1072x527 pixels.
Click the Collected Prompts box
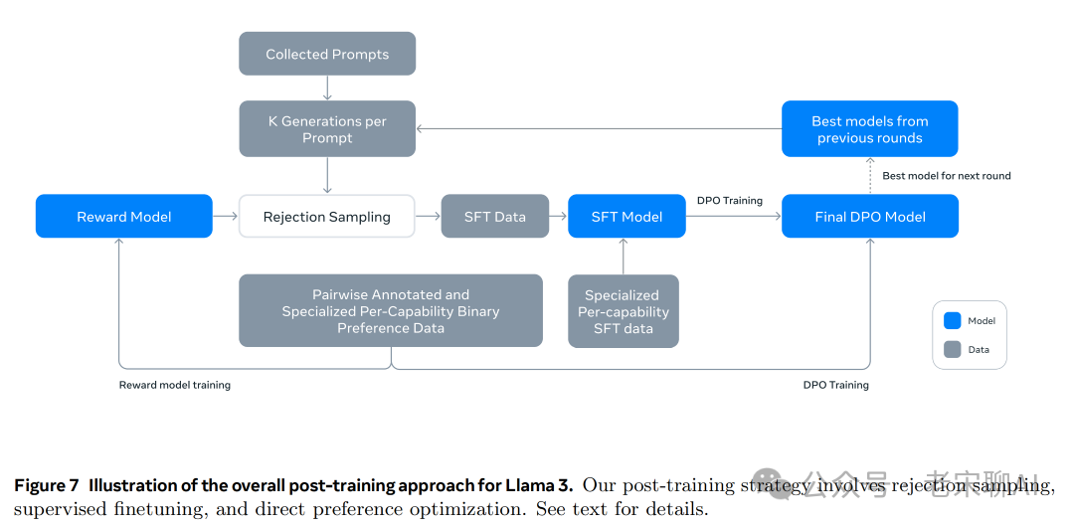tap(327, 54)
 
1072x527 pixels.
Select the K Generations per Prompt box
tap(327, 129)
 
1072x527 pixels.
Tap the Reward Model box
tap(123, 217)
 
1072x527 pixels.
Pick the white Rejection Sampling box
tap(327, 217)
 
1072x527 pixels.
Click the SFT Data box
tap(495, 217)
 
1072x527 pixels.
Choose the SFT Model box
tap(626, 217)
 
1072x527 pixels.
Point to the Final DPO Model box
tap(870, 217)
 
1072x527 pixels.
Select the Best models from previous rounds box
tap(870, 129)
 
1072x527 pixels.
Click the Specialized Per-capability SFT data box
tap(624, 311)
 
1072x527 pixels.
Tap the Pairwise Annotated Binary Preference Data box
tap(391, 311)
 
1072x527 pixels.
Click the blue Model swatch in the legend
tap(953, 320)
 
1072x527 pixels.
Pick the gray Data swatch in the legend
tap(953, 349)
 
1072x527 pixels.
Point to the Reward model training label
tap(175, 385)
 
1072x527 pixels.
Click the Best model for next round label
tap(947, 176)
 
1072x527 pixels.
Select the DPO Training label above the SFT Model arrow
tap(730, 201)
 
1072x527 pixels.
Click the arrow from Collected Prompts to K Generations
tap(327, 88)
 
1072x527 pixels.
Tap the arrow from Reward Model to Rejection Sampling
tap(226, 217)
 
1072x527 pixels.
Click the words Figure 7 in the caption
tap(47, 486)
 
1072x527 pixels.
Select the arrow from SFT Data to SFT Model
tap(559, 217)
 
